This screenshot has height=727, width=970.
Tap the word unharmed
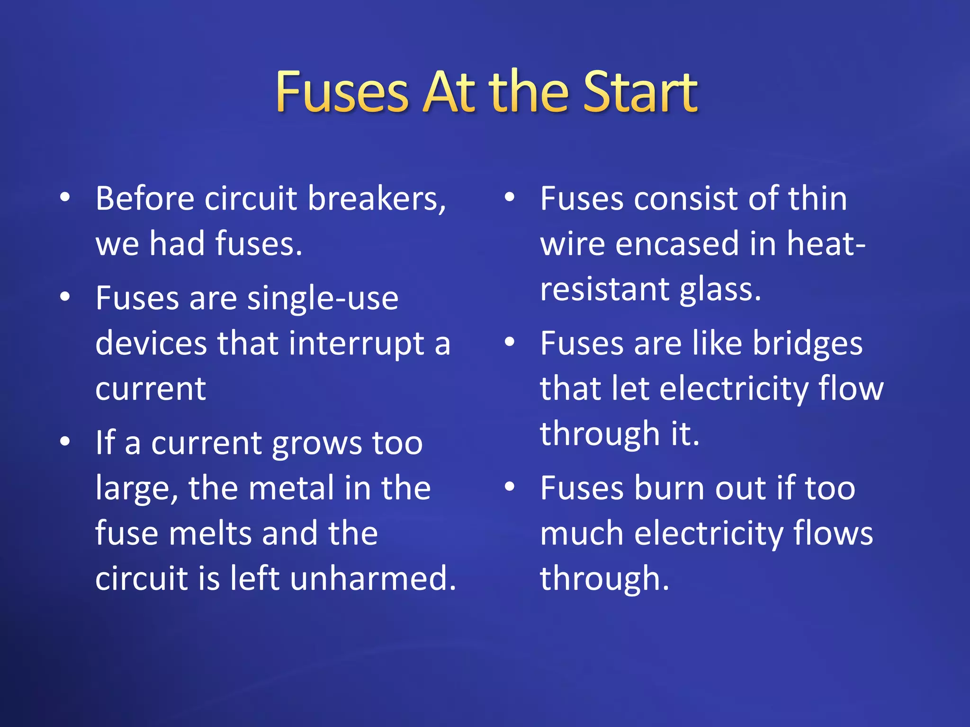(x=373, y=578)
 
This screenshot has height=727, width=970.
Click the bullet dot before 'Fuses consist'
(x=510, y=197)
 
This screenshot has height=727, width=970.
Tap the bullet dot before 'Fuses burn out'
(x=510, y=487)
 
